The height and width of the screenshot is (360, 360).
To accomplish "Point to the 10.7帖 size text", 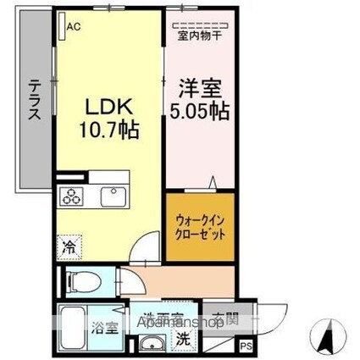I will pos(108,131).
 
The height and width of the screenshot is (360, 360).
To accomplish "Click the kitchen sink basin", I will pos(112,197).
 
